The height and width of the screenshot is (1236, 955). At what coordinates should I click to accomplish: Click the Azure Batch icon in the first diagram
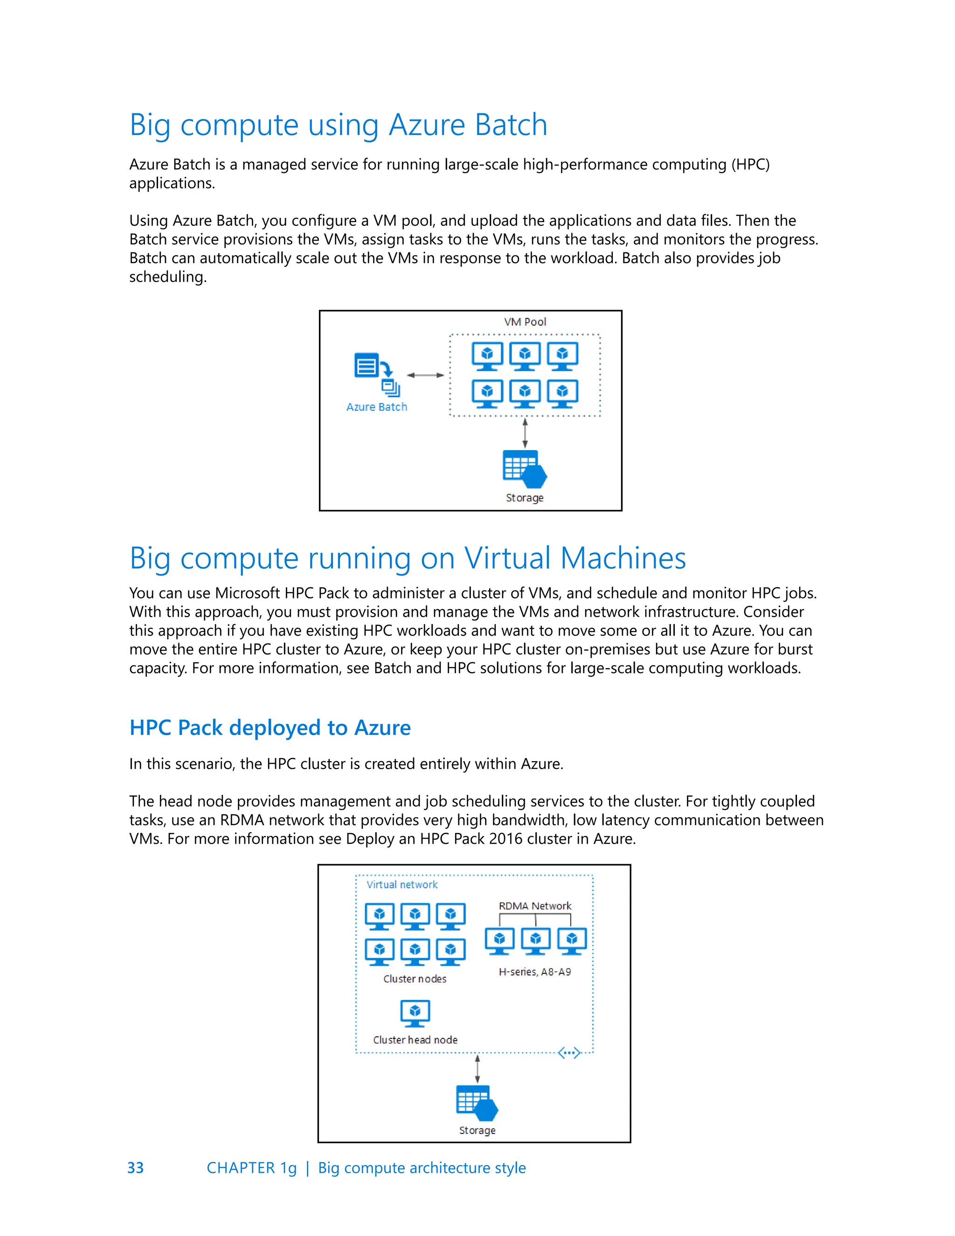pyautogui.click(x=376, y=374)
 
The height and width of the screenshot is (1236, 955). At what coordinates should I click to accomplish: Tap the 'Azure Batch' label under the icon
pyautogui.click(x=376, y=407)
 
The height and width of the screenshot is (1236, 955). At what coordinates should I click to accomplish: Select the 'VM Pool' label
pyautogui.click(x=525, y=322)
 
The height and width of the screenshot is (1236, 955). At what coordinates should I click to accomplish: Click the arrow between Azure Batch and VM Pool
pyautogui.click(x=425, y=375)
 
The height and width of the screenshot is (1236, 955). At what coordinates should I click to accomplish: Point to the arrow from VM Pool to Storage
pyautogui.click(x=525, y=433)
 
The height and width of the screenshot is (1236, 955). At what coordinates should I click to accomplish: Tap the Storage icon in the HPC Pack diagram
pyautogui.click(x=477, y=1103)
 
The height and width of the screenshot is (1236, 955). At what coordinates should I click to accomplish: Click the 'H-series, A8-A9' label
pyautogui.click(x=535, y=972)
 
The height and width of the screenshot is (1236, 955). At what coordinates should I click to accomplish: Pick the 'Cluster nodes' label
pyautogui.click(x=415, y=979)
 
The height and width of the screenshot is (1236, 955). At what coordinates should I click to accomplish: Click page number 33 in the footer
pyautogui.click(x=136, y=1167)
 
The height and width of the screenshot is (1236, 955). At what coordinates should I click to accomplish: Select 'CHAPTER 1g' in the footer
pyautogui.click(x=251, y=1167)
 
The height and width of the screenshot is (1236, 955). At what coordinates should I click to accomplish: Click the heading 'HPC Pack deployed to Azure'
pyautogui.click(x=270, y=728)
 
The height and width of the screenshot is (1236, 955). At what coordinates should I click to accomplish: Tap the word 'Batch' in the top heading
pyautogui.click(x=511, y=125)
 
